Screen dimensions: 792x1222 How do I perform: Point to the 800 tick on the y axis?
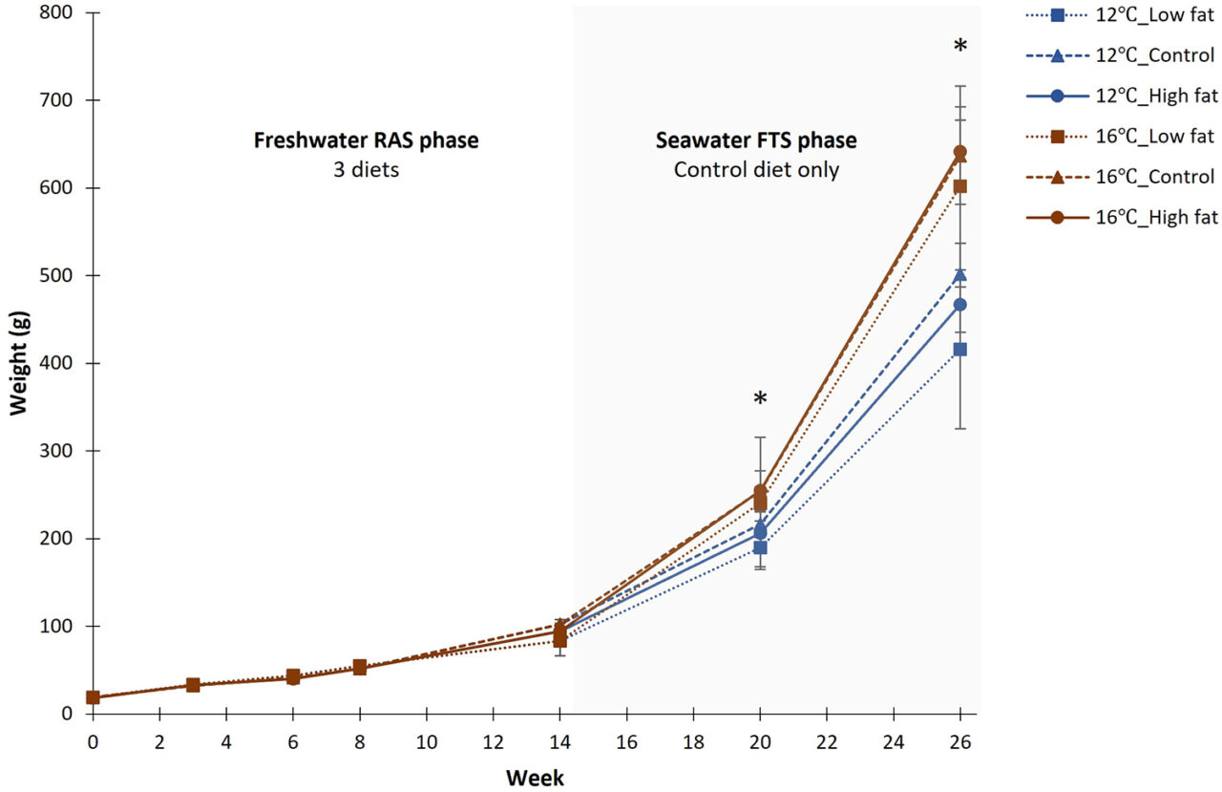59,12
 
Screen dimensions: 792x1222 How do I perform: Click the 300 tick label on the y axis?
59,451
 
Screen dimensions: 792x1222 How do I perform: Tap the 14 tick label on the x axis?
559,741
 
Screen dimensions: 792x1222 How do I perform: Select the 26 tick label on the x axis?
960,741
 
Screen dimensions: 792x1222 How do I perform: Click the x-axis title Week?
535,778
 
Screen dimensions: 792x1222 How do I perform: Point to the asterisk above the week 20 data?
760,399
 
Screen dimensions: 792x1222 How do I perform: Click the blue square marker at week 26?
960,350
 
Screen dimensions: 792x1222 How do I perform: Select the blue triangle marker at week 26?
960,275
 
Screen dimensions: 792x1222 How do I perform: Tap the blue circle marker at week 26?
960,305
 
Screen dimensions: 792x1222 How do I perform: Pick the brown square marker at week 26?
960,186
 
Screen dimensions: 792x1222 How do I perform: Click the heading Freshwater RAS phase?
366,141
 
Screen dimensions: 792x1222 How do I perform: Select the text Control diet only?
756,171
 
